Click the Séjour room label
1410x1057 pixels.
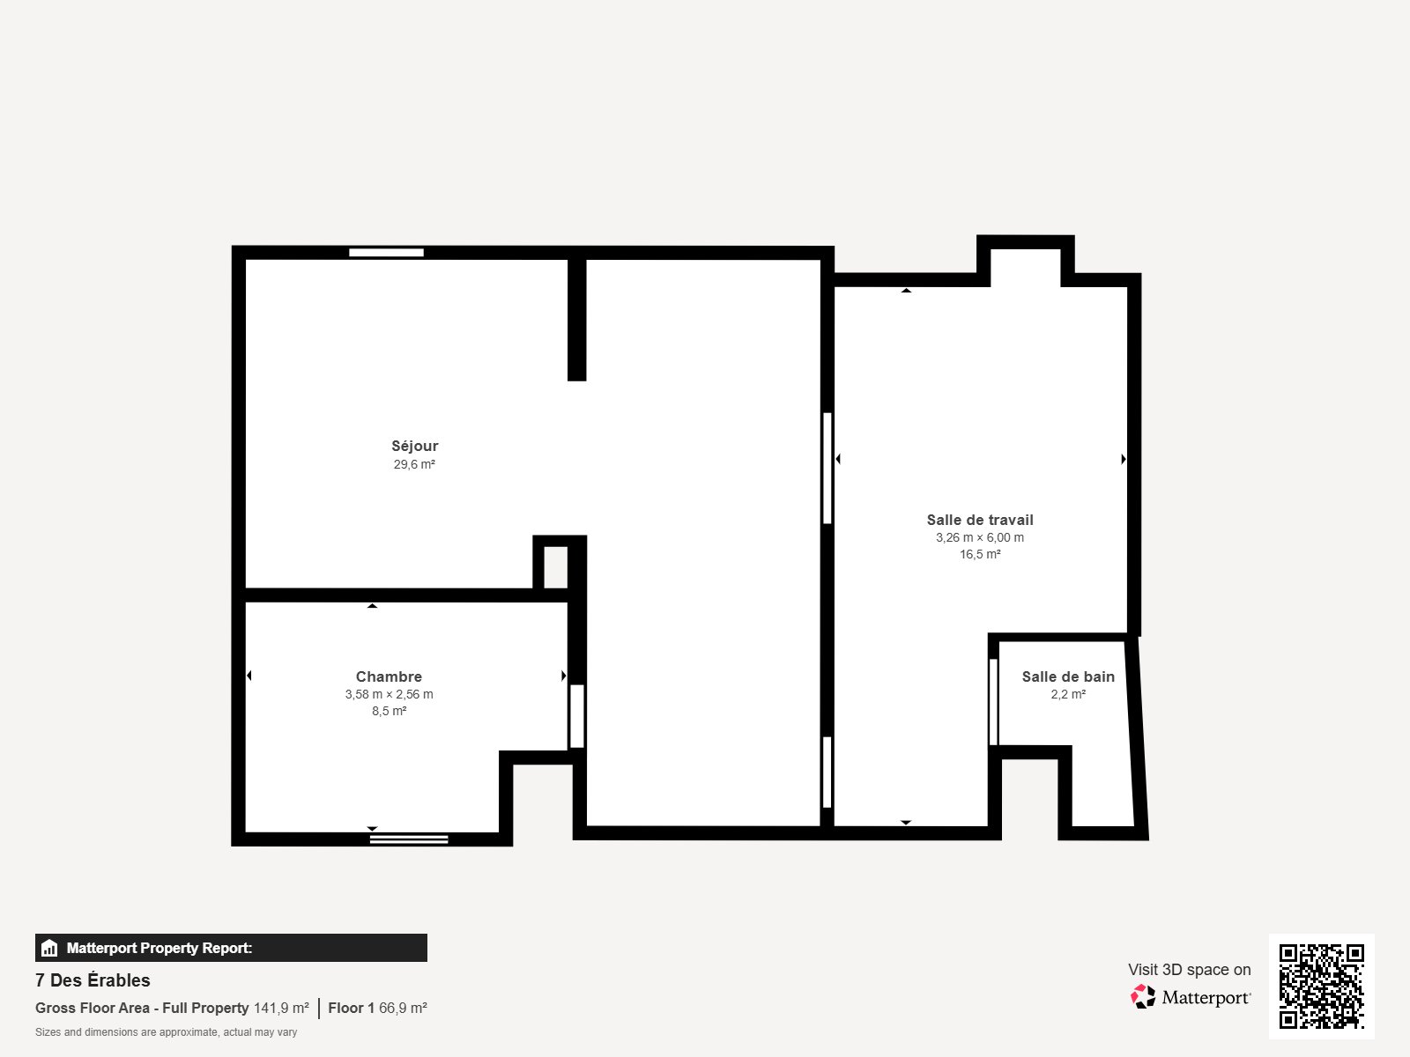[414, 446]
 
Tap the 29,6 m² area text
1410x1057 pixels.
[414, 464]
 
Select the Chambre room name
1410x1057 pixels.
[389, 676]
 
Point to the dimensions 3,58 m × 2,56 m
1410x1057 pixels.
[389, 694]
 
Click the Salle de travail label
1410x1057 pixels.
[979, 520]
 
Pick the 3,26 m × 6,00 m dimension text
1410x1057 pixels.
[979, 537]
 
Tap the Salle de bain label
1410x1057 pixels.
[1068, 676]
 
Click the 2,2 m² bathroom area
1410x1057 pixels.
[1068, 694]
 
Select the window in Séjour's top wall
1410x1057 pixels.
[386, 253]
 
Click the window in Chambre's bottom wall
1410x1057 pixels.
[408, 839]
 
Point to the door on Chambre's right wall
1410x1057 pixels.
[577, 716]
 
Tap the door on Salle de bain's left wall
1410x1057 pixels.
[993, 702]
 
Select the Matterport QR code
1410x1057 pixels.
[1321, 986]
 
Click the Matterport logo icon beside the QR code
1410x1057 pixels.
[1143, 997]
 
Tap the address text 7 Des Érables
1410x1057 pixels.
[93, 980]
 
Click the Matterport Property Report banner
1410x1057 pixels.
[231, 948]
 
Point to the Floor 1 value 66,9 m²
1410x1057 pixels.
[403, 1008]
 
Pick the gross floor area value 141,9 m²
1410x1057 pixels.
[281, 1008]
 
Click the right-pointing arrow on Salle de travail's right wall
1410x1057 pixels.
[1123, 459]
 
